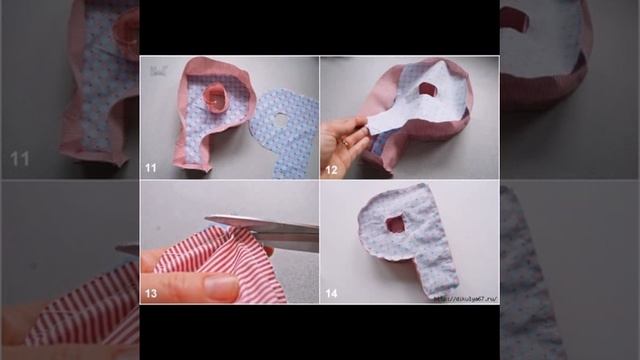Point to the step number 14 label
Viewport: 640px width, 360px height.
click(x=330, y=294)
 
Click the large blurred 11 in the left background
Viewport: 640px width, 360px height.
click(x=20, y=159)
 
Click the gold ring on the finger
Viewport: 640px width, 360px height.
click(x=344, y=144)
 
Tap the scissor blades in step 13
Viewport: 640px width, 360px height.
click(x=262, y=225)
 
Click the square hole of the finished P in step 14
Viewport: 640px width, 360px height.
click(x=397, y=223)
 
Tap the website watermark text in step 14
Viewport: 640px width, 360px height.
click(x=464, y=298)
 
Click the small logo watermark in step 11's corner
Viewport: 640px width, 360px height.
click(x=157, y=70)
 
